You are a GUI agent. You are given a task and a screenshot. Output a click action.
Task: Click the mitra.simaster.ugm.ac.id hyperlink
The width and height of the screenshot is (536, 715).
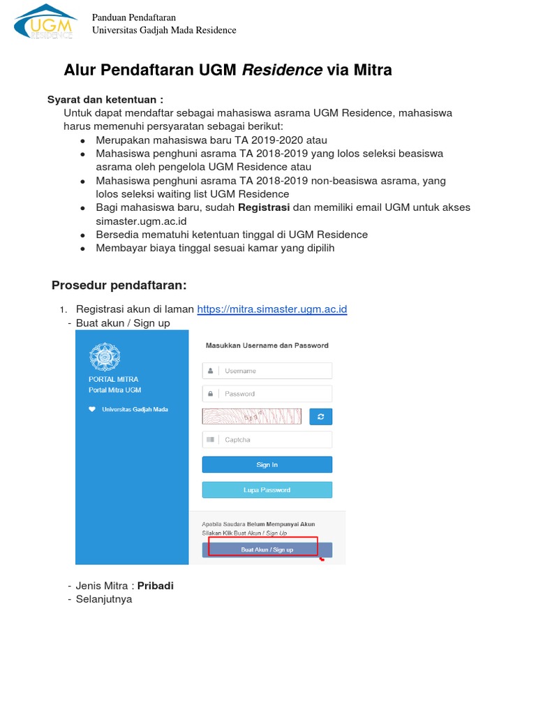click(271, 309)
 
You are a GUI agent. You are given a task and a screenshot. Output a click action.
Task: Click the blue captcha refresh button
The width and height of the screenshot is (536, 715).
click(320, 417)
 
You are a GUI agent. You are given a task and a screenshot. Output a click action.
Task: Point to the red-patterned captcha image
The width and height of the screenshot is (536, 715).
click(251, 417)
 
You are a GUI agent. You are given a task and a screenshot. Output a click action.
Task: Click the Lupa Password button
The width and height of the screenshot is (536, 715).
click(267, 490)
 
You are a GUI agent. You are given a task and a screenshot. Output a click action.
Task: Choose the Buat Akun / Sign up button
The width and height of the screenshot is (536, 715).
click(267, 550)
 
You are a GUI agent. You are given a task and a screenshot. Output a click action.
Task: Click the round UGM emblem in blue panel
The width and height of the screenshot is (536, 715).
click(104, 357)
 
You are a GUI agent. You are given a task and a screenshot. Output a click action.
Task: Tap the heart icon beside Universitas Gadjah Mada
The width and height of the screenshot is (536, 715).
click(92, 410)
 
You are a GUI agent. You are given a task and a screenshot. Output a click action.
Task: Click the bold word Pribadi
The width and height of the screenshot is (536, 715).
click(155, 586)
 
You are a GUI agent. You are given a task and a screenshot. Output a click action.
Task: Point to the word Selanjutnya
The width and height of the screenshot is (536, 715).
click(104, 599)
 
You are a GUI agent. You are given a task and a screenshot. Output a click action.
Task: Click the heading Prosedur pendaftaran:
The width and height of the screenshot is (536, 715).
click(119, 285)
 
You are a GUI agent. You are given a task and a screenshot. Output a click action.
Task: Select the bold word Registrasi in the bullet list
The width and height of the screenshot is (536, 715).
click(264, 207)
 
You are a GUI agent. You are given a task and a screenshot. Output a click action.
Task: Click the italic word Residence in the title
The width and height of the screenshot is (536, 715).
click(282, 70)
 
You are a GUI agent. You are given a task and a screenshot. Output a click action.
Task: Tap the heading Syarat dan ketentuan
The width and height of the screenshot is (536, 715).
click(105, 100)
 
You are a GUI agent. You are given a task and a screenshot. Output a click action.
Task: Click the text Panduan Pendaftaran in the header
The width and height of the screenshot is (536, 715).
click(134, 17)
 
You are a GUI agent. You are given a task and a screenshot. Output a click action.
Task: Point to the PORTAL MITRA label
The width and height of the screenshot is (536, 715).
click(108, 379)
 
